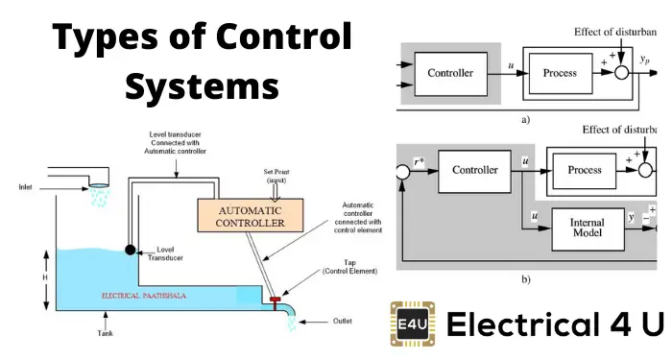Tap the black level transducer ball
point(130,250)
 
